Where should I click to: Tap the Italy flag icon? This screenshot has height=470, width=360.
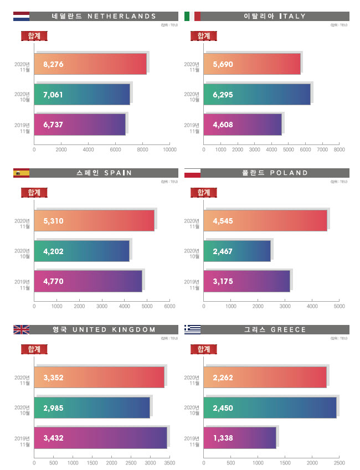point(192,16)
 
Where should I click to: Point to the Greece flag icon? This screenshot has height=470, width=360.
point(192,329)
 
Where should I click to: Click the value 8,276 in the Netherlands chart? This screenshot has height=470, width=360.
point(53,64)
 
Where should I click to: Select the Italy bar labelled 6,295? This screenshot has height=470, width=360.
point(257,95)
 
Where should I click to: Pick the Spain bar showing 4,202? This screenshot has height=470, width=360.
point(81,251)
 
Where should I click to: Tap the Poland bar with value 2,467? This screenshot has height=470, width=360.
point(237,251)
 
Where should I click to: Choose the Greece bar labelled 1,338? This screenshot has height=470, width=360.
point(240,438)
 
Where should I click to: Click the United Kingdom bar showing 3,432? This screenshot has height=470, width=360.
point(100,438)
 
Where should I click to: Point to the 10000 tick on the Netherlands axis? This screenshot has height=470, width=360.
point(169,149)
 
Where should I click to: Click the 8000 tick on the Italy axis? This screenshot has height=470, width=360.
point(340,149)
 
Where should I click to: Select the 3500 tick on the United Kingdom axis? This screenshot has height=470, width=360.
point(169,462)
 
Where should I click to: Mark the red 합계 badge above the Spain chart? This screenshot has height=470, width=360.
point(34,192)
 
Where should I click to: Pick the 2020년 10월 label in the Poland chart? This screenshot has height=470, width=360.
point(192,254)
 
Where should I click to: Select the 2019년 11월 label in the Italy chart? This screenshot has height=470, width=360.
point(192,127)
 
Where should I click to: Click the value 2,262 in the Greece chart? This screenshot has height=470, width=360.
point(223,378)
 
